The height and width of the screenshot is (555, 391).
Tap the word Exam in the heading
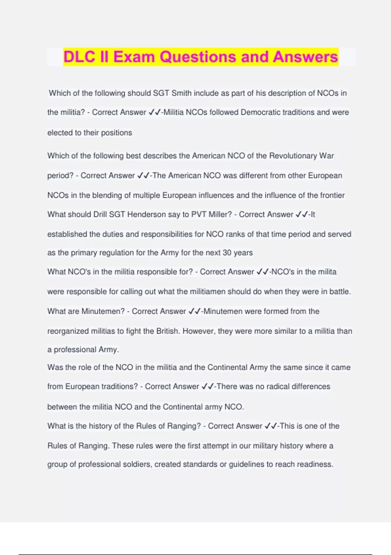click(134, 57)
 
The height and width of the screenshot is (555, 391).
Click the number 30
click(227, 253)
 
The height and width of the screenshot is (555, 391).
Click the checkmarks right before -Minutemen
click(195, 311)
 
